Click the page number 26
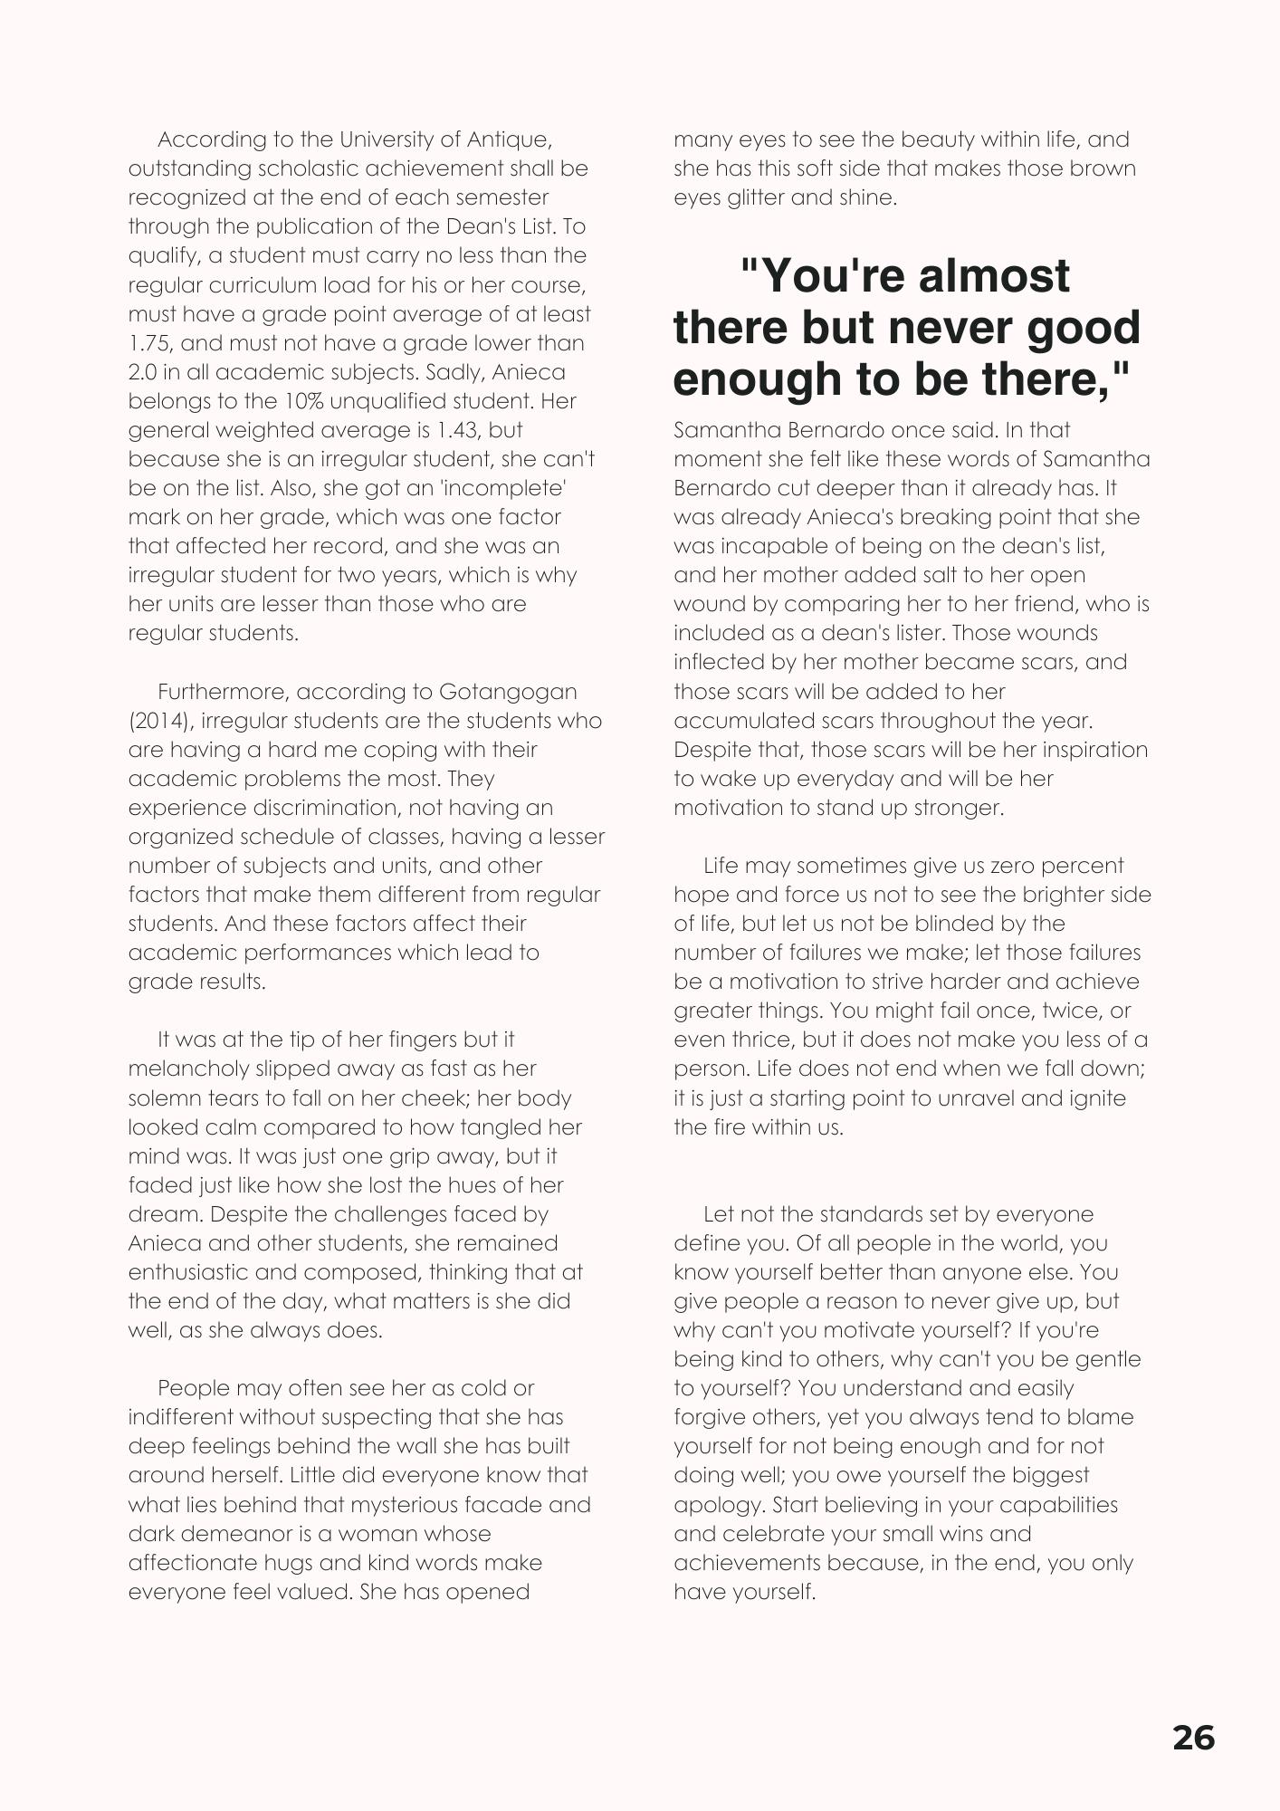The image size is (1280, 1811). tap(1193, 1738)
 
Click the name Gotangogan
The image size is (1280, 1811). tap(508, 692)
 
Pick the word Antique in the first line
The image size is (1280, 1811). tap(508, 139)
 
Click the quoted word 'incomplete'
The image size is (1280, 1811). tap(516, 488)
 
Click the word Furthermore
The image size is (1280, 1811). tap(222, 692)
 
